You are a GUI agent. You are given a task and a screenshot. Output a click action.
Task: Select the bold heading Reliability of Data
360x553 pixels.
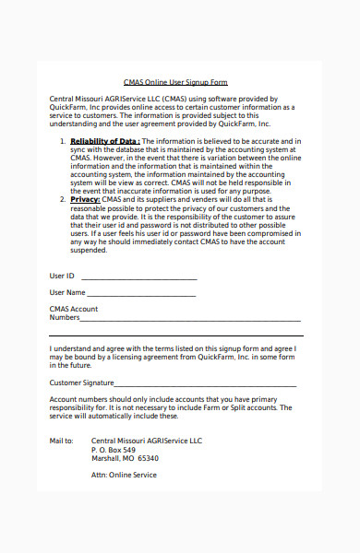[x=106, y=141]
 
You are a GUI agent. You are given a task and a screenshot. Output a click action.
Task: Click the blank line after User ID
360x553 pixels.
[x=139, y=277]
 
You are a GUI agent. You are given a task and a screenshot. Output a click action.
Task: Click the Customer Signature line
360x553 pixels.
[x=205, y=384]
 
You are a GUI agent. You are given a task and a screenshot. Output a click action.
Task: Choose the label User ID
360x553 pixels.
[x=62, y=276]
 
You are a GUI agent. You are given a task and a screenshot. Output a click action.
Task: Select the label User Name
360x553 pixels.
[x=66, y=292]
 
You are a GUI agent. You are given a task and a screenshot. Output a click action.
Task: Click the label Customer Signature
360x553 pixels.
[x=81, y=382]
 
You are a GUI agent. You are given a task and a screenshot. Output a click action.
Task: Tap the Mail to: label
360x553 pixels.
[x=61, y=441]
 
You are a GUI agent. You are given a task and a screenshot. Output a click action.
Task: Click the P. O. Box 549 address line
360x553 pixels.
[x=114, y=450]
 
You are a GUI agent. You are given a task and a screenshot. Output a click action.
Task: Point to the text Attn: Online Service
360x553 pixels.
[x=124, y=476]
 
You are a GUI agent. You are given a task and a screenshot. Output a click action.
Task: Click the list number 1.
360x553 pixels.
[x=63, y=141]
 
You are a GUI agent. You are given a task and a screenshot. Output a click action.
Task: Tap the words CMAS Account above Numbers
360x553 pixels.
[x=74, y=309]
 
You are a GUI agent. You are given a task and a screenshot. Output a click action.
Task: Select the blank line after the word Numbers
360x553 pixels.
[x=190, y=319]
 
